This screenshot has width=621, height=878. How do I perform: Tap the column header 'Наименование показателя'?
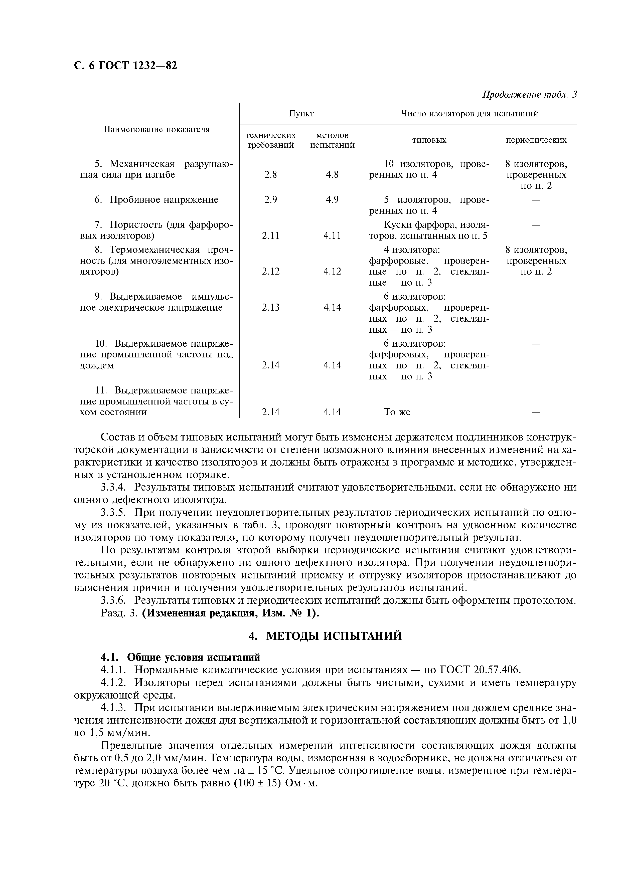point(157,129)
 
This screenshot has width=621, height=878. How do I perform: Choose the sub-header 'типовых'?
point(429,140)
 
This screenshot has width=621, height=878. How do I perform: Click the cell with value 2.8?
point(270,175)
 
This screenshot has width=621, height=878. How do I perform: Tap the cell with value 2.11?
point(270,236)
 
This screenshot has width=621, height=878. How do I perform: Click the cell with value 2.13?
point(270,307)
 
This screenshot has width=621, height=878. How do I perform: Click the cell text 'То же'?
point(397,412)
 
